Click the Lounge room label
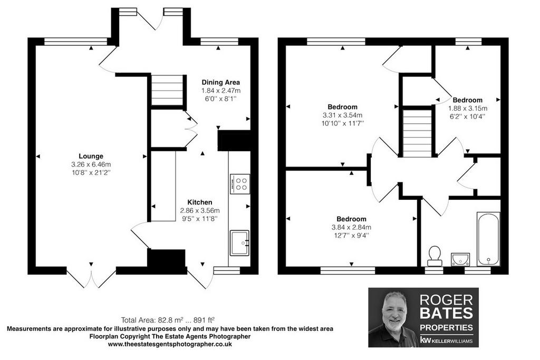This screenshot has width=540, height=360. pos(91,156)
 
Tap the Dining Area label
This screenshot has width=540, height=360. pos(221,82)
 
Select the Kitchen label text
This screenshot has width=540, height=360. pos(200,202)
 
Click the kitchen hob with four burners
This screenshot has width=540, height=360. pos(240,184)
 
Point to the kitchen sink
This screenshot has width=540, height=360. pos(239,243)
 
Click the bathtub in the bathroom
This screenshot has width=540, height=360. pos(488,239)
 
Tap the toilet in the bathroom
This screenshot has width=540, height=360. pos(435,256)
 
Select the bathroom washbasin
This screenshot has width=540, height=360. pos(460,259)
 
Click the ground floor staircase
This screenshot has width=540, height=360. pos(167,91)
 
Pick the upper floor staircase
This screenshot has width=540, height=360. pos(418,133)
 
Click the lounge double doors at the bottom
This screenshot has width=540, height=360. pos(91,278)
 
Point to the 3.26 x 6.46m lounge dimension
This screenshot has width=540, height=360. pos(91,164)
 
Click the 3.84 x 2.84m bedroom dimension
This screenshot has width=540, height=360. pos(351,227)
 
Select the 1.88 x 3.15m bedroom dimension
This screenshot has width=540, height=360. pos(467,109)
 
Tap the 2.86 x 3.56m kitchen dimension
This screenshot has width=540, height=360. pos(200,211)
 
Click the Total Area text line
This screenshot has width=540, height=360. pos(170,320)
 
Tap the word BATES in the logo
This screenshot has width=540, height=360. pos(446,313)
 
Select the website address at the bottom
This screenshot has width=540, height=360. pos(170,344)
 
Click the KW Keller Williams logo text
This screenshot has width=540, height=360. pos(446,340)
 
